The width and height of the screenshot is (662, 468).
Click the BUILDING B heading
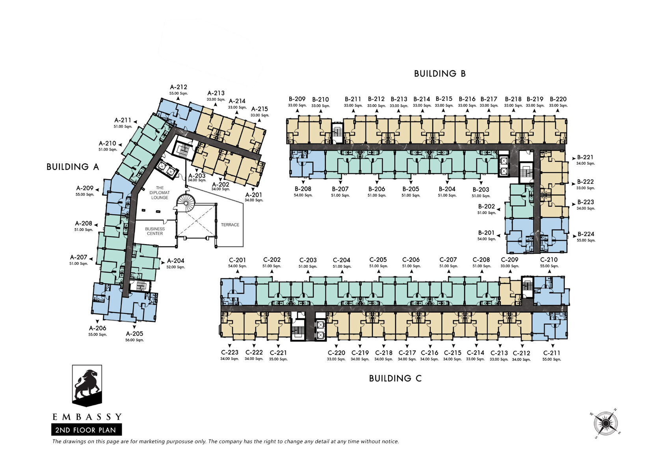(x=440, y=74)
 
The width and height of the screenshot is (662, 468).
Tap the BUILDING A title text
(x=73, y=167)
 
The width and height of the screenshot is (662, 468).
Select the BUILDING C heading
(x=395, y=379)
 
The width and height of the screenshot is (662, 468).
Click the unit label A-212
(x=179, y=87)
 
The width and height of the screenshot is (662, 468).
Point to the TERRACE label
(x=230, y=225)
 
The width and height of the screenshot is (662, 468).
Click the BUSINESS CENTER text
(x=155, y=231)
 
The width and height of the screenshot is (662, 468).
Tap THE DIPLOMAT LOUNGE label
(x=160, y=193)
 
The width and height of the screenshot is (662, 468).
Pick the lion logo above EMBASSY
(x=87, y=385)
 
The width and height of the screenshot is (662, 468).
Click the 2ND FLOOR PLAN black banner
(x=87, y=430)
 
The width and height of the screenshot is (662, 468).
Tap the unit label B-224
(x=586, y=234)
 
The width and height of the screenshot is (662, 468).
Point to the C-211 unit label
(x=552, y=353)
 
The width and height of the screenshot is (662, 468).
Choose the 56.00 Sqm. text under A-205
(x=134, y=340)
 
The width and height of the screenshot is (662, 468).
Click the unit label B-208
(x=303, y=189)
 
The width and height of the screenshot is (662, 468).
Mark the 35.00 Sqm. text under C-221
(x=278, y=359)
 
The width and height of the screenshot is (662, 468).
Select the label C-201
(x=237, y=260)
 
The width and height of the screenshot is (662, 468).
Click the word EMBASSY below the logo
(x=87, y=417)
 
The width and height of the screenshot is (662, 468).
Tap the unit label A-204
(x=176, y=261)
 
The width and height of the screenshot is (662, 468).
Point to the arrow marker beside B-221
(x=574, y=158)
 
